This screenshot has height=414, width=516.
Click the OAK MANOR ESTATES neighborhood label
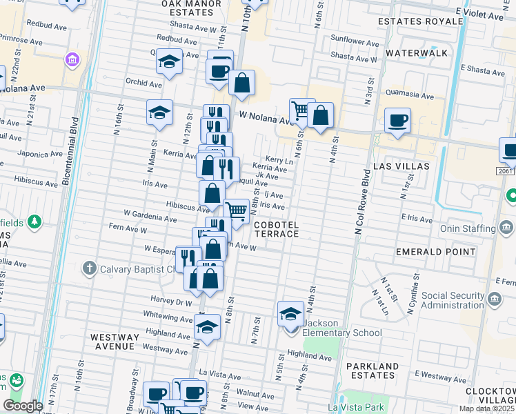192,8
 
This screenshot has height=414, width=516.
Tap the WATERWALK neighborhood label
417,53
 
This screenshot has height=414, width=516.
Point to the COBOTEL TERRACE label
276,230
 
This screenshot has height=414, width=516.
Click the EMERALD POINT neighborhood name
427,252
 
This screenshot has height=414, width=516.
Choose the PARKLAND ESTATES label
373,371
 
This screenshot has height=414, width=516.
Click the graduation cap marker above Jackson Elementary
291,314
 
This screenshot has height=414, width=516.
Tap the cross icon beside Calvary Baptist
88,268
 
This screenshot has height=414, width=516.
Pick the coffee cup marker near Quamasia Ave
397,120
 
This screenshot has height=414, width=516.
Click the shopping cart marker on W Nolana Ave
301,110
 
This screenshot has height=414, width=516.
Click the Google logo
23,406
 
